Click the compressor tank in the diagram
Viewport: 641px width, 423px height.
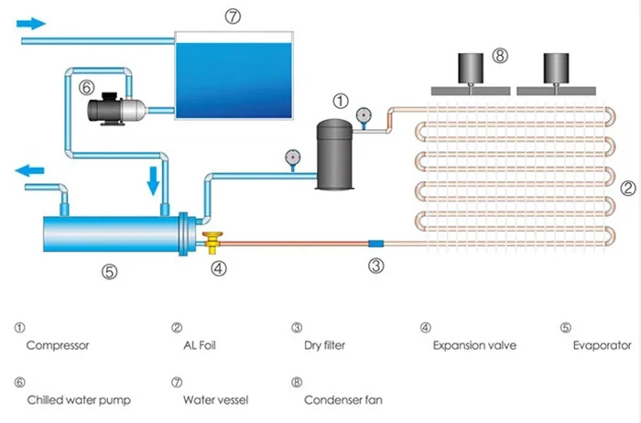click(334, 155)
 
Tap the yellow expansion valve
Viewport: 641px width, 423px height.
click(212, 243)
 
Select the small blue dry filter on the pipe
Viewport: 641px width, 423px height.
click(376, 244)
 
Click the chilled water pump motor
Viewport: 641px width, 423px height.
click(117, 109)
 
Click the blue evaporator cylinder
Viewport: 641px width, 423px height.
click(115, 233)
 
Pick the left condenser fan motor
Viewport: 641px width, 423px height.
click(471, 69)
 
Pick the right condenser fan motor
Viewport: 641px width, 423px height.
click(556, 69)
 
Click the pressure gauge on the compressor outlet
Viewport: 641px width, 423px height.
click(364, 117)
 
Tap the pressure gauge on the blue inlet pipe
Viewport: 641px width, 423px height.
click(293, 159)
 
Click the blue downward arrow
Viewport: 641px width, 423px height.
click(153, 180)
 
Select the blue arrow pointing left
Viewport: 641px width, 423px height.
click(29, 170)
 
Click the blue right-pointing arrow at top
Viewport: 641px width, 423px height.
click(31, 24)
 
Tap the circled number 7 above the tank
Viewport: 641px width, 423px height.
click(233, 16)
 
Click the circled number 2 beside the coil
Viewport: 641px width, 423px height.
click(628, 188)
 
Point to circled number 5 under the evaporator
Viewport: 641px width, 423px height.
click(110, 272)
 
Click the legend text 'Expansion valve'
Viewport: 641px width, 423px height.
click(474, 345)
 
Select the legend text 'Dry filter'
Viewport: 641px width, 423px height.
click(324, 345)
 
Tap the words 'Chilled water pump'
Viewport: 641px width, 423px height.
click(79, 400)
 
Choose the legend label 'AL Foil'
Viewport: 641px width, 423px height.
click(200, 345)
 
